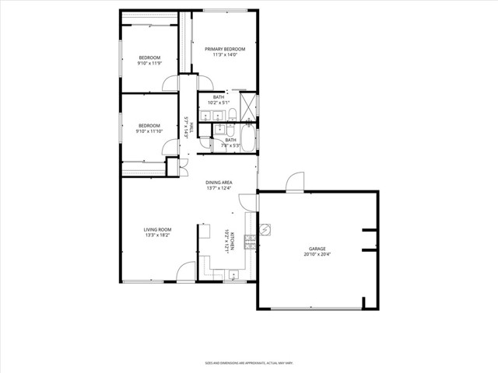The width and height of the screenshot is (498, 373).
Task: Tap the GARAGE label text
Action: click(317, 249)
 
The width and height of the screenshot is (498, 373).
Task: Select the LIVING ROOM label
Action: click(157, 229)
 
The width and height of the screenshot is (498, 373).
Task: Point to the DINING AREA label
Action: click(219, 183)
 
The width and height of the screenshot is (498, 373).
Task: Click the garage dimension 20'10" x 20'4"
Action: click(317, 255)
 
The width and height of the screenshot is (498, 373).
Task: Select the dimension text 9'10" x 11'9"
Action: click(149, 64)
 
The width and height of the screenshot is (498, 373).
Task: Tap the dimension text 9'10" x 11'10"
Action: click(149, 131)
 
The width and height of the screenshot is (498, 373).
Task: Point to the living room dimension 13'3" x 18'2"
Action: click(157, 235)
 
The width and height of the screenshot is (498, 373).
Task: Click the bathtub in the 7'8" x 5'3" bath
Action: click(247, 141)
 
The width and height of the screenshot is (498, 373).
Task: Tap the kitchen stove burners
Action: click(251, 242)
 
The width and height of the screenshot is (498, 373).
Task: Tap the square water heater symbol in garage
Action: click(265, 230)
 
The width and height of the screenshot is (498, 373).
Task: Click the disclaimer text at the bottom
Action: click(249, 362)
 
